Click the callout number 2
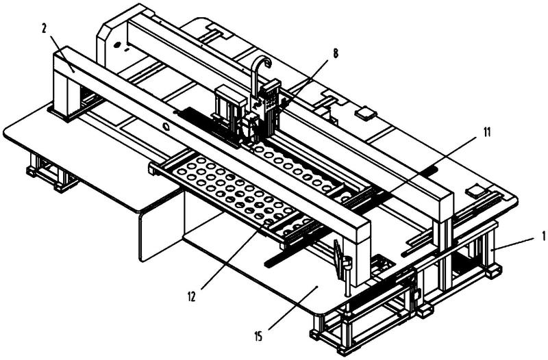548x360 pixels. pos(44,28)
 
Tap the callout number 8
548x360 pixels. pos(336,53)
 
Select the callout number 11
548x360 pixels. pos(487,132)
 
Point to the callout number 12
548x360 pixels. pos(192,296)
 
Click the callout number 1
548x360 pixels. pos(544,236)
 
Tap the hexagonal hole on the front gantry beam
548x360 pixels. pos(166,126)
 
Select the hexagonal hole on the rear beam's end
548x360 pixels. pos(116,44)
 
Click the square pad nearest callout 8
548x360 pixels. pos(366,112)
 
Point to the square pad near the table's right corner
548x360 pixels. pos(477,190)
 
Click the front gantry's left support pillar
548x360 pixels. pos(66,92)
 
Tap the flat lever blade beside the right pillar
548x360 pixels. pos(337,259)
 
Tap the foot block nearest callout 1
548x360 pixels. pos(493,270)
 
